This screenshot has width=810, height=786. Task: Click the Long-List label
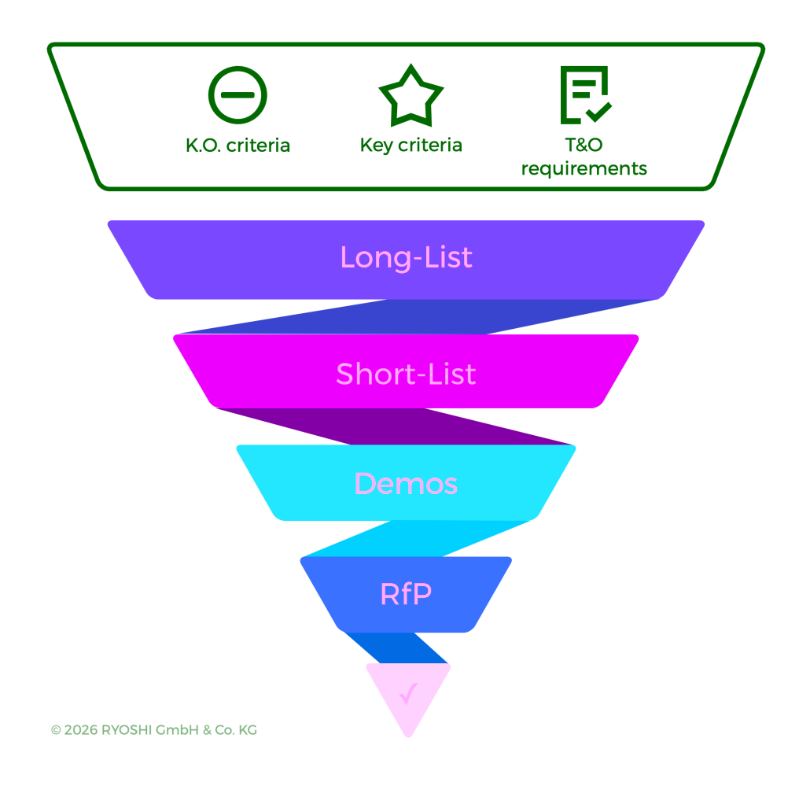pyautogui.click(x=406, y=258)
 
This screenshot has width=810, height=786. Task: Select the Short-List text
pyautogui.click(x=406, y=374)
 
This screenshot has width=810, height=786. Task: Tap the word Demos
pyautogui.click(x=406, y=483)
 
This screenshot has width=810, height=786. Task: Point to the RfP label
pyautogui.click(x=406, y=594)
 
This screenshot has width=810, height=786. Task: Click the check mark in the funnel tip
pyautogui.click(x=408, y=694)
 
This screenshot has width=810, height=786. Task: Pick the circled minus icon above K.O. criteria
pyautogui.click(x=237, y=95)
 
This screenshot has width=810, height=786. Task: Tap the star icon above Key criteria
pyautogui.click(x=411, y=95)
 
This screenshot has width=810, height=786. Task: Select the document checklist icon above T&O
pyautogui.click(x=584, y=95)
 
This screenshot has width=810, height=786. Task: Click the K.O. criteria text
pyautogui.click(x=237, y=146)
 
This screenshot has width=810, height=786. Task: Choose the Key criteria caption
pyautogui.click(x=411, y=146)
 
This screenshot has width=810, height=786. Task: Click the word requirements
pyautogui.click(x=584, y=168)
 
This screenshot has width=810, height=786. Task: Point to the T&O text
pyautogui.click(x=584, y=145)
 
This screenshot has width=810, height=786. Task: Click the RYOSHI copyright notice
pyautogui.click(x=154, y=730)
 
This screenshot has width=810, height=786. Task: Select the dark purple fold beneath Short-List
pyautogui.click(x=393, y=426)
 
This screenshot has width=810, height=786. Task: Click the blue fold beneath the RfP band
pyautogui.click(x=397, y=648)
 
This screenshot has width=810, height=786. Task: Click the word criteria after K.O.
pyautogui.click(x=259, y=146)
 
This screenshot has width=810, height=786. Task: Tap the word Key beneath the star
pyautogui.click(x=376, y=146)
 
